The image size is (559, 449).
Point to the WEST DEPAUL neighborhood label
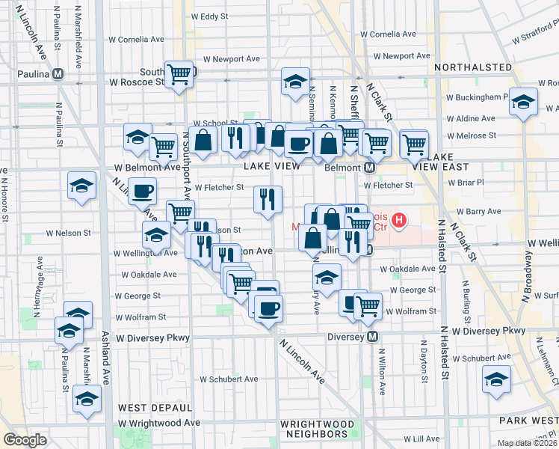pos(155,408)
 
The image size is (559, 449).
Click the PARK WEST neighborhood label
pos(531,420)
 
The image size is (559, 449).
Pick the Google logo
pos(25,440)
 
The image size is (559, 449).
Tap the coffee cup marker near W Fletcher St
pos(143,191)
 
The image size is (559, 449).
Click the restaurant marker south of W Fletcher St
pos(268,199)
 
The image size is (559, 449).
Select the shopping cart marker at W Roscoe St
pos(179,74)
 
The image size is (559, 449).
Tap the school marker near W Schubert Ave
pos(496,379)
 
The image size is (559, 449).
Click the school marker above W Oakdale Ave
pos(327,277)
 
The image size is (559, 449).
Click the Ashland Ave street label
pos(105,359)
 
